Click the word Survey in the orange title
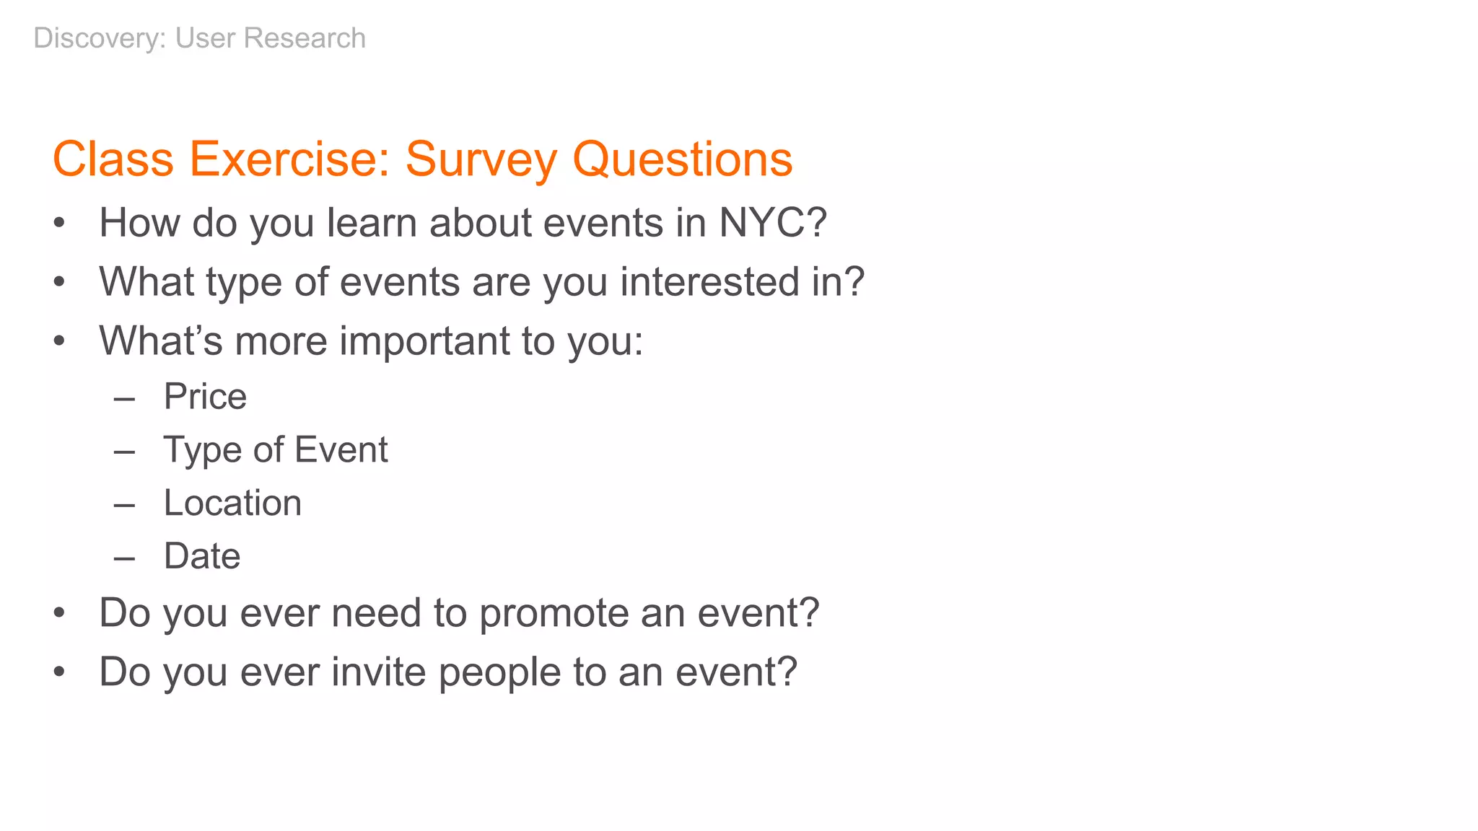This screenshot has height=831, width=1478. (x=481, y=159)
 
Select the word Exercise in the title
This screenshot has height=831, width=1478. (x=289, y=159)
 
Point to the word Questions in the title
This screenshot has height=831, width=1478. (x=682, y=159)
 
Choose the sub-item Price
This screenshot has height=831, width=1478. (x=205, y=396)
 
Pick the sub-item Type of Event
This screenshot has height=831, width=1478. (x=275, y=449)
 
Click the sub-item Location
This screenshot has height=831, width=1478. (x=232, y=503)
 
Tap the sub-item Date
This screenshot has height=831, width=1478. (x=201, y=556)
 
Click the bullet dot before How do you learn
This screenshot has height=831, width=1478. (x=59, y=224)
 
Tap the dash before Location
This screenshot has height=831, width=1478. (x=124, y=505)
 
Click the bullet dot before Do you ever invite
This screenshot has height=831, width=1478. (x=59, y=673)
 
